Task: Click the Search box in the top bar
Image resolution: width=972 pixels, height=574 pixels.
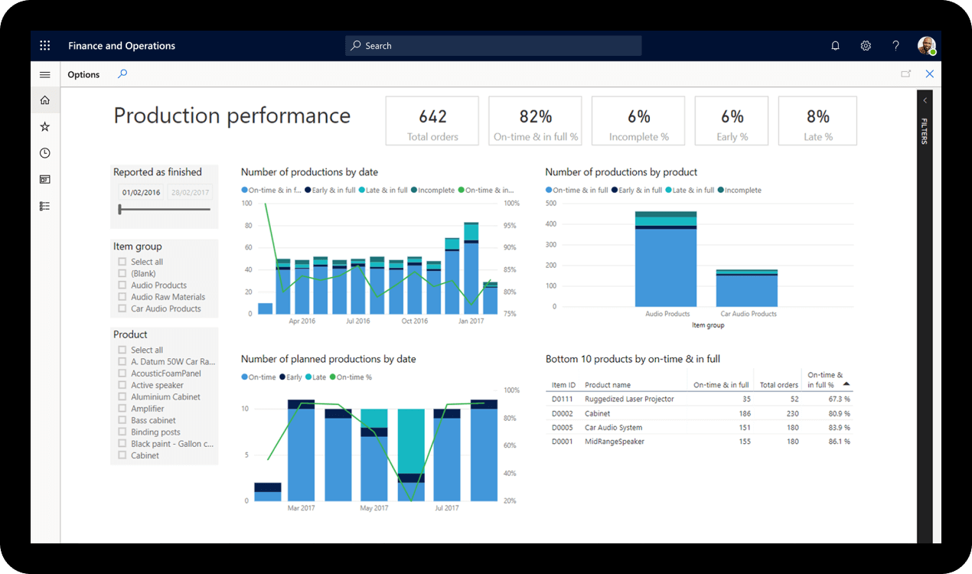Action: tap(493, 46)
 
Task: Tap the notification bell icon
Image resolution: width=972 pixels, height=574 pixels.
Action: tap(835, 46)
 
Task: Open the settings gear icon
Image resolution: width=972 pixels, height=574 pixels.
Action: tap(866, 46)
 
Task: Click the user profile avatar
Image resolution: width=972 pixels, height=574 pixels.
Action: tap(926, 46)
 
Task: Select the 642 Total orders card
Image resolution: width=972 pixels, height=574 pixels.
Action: tap(432, 121)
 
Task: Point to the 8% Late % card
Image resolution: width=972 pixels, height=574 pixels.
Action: tap(817, 121)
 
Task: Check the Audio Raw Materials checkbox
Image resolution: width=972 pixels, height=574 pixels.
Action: tap(122, 297)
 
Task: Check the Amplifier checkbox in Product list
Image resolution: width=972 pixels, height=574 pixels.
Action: tap(122, 409)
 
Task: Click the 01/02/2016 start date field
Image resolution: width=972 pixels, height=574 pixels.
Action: tap(141, 193)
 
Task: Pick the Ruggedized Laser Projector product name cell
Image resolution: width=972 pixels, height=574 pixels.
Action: tap(629, 400)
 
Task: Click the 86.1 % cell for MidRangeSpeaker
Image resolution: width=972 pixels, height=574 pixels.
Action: tap(839, 442)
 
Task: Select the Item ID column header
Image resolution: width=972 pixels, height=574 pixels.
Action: tap(563, 385)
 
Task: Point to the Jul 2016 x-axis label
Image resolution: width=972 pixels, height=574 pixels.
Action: tap(357, 321)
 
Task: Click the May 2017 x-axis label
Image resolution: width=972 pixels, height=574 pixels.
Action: tap(374, 508)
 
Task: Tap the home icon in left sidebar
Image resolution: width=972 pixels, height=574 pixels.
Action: tap(45, 100)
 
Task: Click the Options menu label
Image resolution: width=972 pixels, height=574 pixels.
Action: tap(83, 75)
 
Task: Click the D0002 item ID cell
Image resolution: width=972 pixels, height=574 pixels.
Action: tap(562, 414)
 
